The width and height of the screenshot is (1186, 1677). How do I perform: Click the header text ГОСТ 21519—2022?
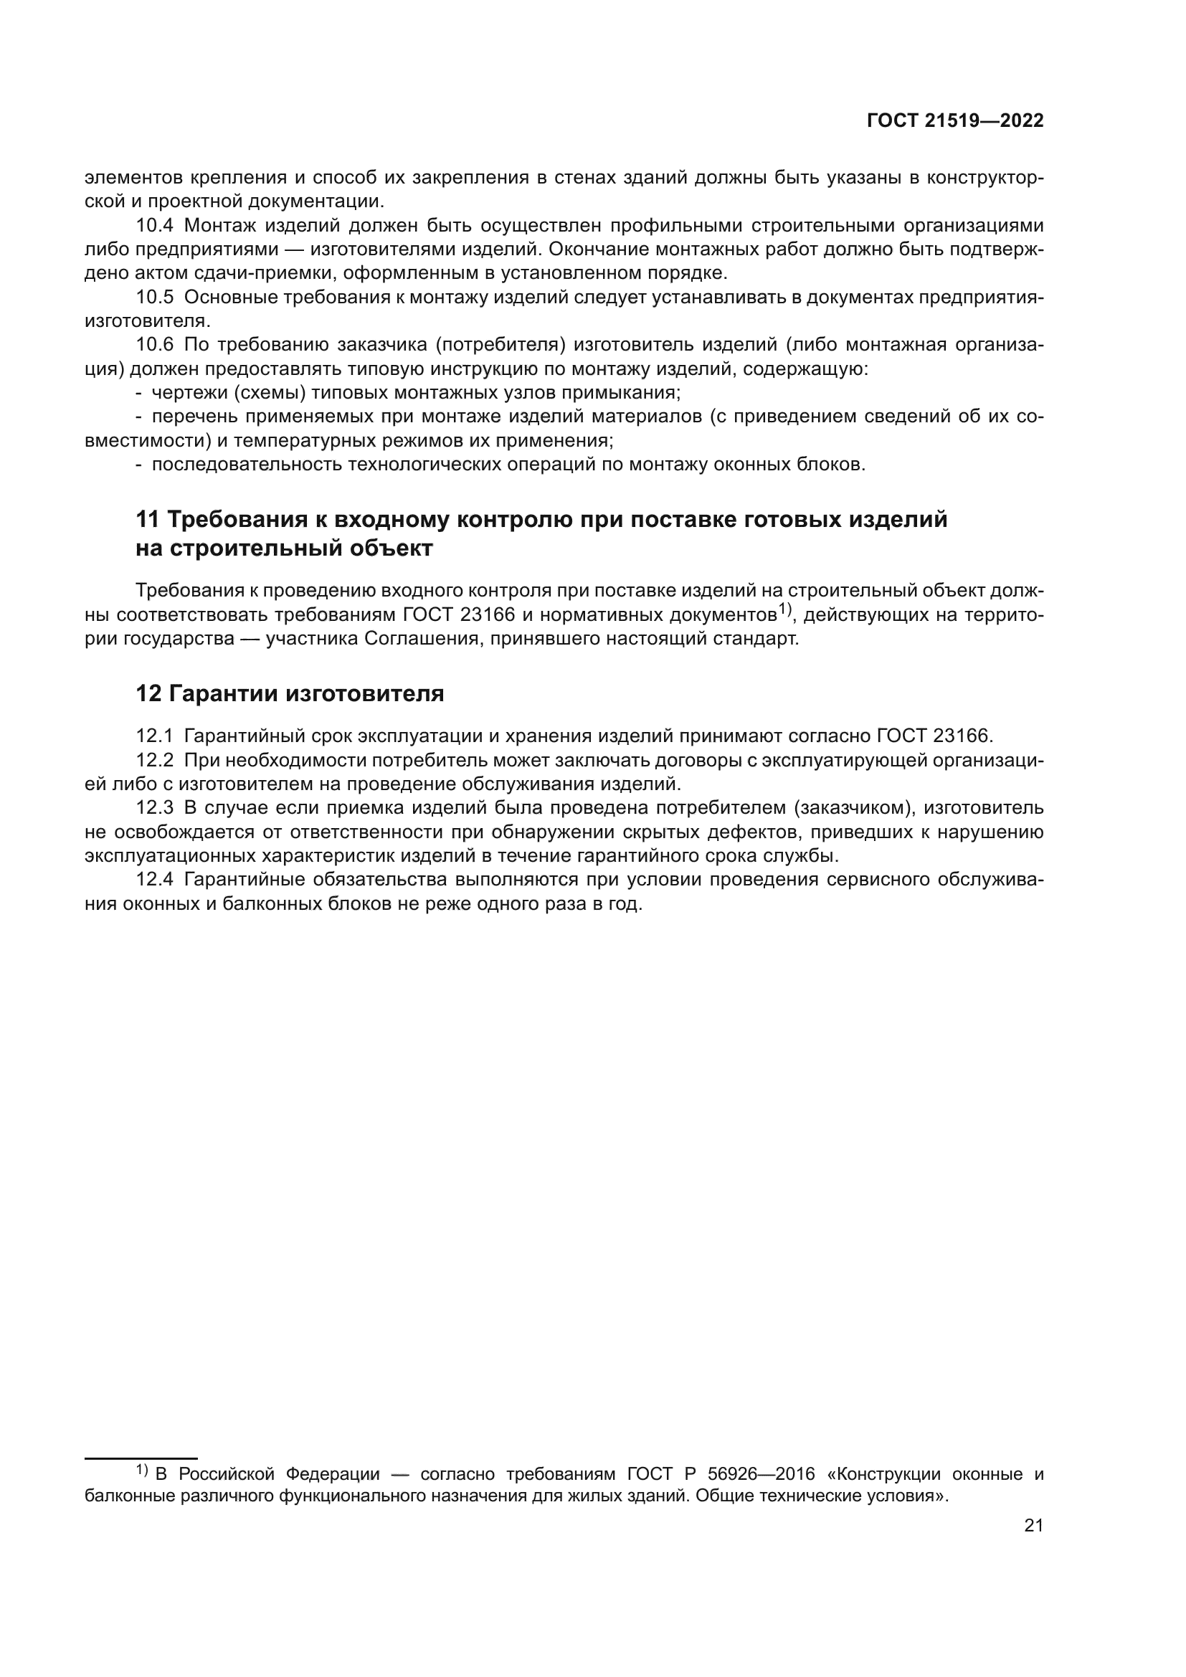click(x=955, y=121)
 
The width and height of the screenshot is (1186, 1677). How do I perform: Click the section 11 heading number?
click(x=148, y=520)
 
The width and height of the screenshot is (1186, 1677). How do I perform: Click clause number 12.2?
click(x=155, y=760)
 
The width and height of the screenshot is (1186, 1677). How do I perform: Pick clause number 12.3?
click(x=155, y=808)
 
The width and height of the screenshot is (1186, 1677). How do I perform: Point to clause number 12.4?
click(x=155, y=880)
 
